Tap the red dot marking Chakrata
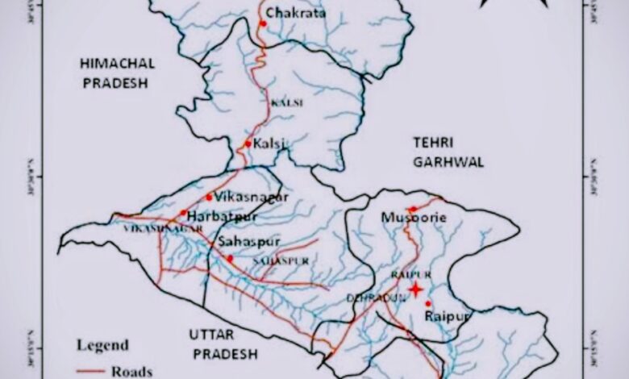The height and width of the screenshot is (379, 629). [263, 23]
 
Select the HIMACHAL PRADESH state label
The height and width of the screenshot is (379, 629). [117, 73]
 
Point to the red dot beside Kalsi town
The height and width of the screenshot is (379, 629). [248, 144]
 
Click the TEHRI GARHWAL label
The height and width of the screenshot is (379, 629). [448, 152]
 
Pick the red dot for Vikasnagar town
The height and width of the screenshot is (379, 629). [209, 197]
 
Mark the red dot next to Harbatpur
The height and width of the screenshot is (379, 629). [183, 214]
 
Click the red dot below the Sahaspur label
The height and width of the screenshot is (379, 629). [229, 258]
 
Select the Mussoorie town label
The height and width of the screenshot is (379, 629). [414, 219]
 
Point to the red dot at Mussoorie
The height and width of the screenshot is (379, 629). [412, 209]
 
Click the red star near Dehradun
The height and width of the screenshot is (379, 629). [415, 289]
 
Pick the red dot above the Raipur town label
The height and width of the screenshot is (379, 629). [428, 303]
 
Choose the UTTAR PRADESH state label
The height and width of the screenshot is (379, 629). [223, 344]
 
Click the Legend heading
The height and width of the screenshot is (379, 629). [102, 346]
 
